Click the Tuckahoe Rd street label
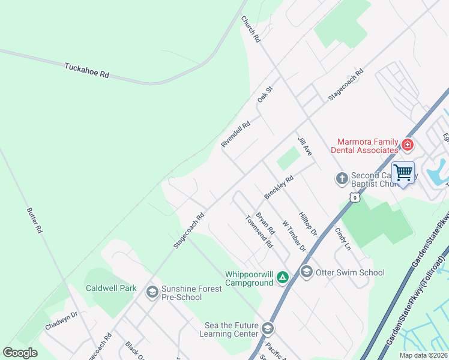click(87, 71)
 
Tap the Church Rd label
click(250, 29)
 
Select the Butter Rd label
click(34, 220)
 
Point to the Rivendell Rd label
click(235, 133)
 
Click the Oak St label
click(265, 94)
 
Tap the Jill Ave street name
click(305, 146)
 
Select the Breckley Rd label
click(279, 187)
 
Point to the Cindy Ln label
click(342, 238)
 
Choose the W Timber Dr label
click(294, 236)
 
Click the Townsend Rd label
click(259, 232)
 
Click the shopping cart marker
click(403, 173)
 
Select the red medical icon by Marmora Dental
click(408, 145)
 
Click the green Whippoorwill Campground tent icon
click(283, 278)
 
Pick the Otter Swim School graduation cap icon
click(306, 272)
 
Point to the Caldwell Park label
click(111, 289)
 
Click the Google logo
click(20, 353)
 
